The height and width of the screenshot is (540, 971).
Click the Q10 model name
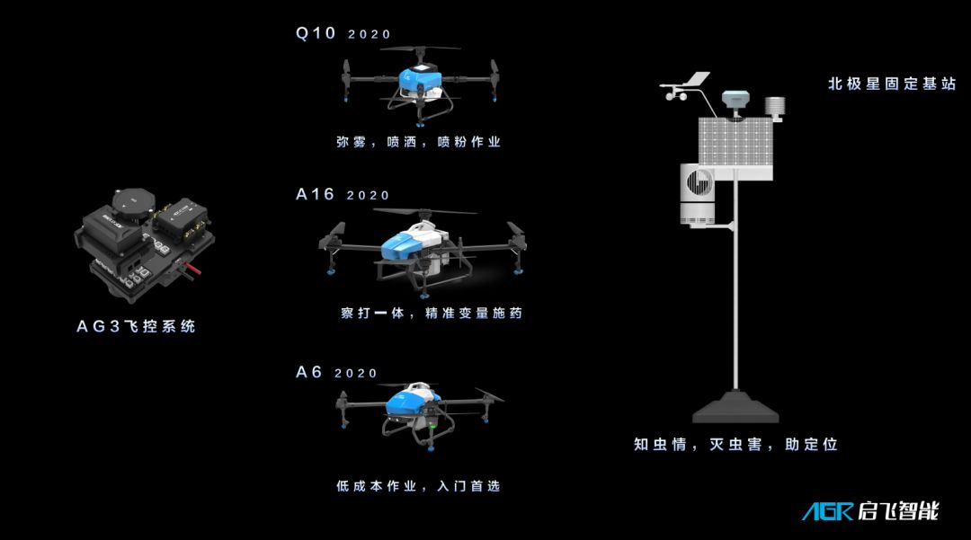(x=316, y=32)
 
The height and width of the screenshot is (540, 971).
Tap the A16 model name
(x=316, y=194)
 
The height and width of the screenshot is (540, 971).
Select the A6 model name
(x=309, y=372)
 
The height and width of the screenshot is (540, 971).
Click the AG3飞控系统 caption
(x=137, y=326)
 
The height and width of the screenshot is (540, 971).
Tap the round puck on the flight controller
(x=133, y=201)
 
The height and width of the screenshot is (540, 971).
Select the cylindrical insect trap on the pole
(x=698, y=193)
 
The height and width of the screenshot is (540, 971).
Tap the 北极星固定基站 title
(x=893, y=84)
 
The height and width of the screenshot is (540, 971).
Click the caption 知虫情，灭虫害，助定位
(x=735, y=444)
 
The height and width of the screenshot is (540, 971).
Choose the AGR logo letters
(x=828, y=511)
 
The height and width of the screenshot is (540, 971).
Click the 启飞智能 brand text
(x=898, y=511)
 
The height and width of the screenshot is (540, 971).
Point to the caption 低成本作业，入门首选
(x=418, y=486)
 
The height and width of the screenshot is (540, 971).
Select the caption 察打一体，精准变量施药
(x=432, y=313)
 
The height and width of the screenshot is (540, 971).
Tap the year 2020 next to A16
(x=368, y=196)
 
